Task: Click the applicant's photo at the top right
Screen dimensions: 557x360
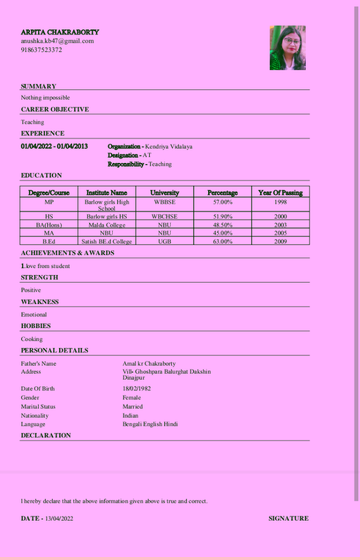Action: tap(288, 48)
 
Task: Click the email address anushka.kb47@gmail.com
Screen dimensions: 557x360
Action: tap(57, 41)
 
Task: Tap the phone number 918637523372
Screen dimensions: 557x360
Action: tap(41, 50)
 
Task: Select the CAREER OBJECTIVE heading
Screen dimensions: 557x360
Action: tap(55, 109)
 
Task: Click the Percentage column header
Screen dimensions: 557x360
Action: tap(222, 192)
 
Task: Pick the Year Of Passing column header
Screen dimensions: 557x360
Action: tap(280, 192)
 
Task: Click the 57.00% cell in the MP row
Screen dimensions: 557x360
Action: tap(222, 202)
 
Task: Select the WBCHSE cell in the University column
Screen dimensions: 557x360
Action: tap(164, 217)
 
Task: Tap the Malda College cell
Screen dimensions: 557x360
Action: tap(107, 225)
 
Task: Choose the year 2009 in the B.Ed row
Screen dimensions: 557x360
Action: tap(280, 242)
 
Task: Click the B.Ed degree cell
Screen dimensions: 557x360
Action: tap(49, 242)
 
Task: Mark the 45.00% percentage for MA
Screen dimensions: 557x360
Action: tap(222, 233)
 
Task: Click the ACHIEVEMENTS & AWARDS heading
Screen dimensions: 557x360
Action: tap(68, 253)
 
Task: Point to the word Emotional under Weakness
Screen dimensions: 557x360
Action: tap(34, 315)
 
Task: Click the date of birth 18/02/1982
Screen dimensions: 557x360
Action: tap(137, 389)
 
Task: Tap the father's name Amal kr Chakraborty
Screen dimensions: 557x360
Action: tap(149, 363)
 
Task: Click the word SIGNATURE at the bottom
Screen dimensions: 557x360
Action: tap(288, 518)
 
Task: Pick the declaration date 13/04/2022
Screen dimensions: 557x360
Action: tap(59, 518)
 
